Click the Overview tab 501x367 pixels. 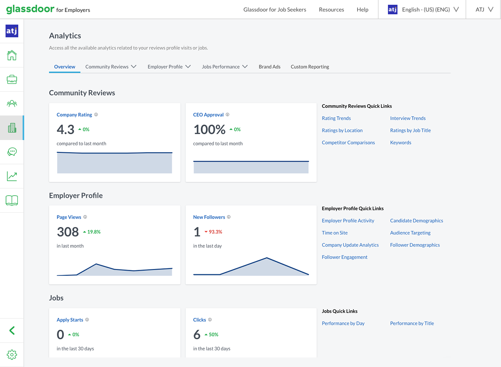(x=65, y=67)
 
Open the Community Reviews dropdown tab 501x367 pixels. (x=111, y=67)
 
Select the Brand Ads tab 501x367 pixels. (x=269, y=67)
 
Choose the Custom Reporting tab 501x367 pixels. (x=310, y=67)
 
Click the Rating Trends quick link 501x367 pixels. (x=336, y=118)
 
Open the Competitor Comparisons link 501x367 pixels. (x=348, y=142)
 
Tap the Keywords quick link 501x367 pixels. (x=401, y=142)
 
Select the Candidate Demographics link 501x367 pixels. (x=417, y=221)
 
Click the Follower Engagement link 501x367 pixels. (x=345, y=257)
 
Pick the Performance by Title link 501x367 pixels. (x=412, y=323)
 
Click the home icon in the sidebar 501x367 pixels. (x=12, y=55)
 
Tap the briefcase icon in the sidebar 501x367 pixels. (x=12, y=79)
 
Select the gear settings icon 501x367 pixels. (x=12, y=355)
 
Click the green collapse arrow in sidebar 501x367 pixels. (x=12, y=330)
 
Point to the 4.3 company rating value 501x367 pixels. (x=65, y=129)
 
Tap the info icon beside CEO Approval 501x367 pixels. (x=228, y=115)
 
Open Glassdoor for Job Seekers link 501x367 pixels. (x=274, y=10)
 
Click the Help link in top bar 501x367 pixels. (x=362, y=10)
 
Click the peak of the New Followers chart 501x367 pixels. (x=267, y=258)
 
